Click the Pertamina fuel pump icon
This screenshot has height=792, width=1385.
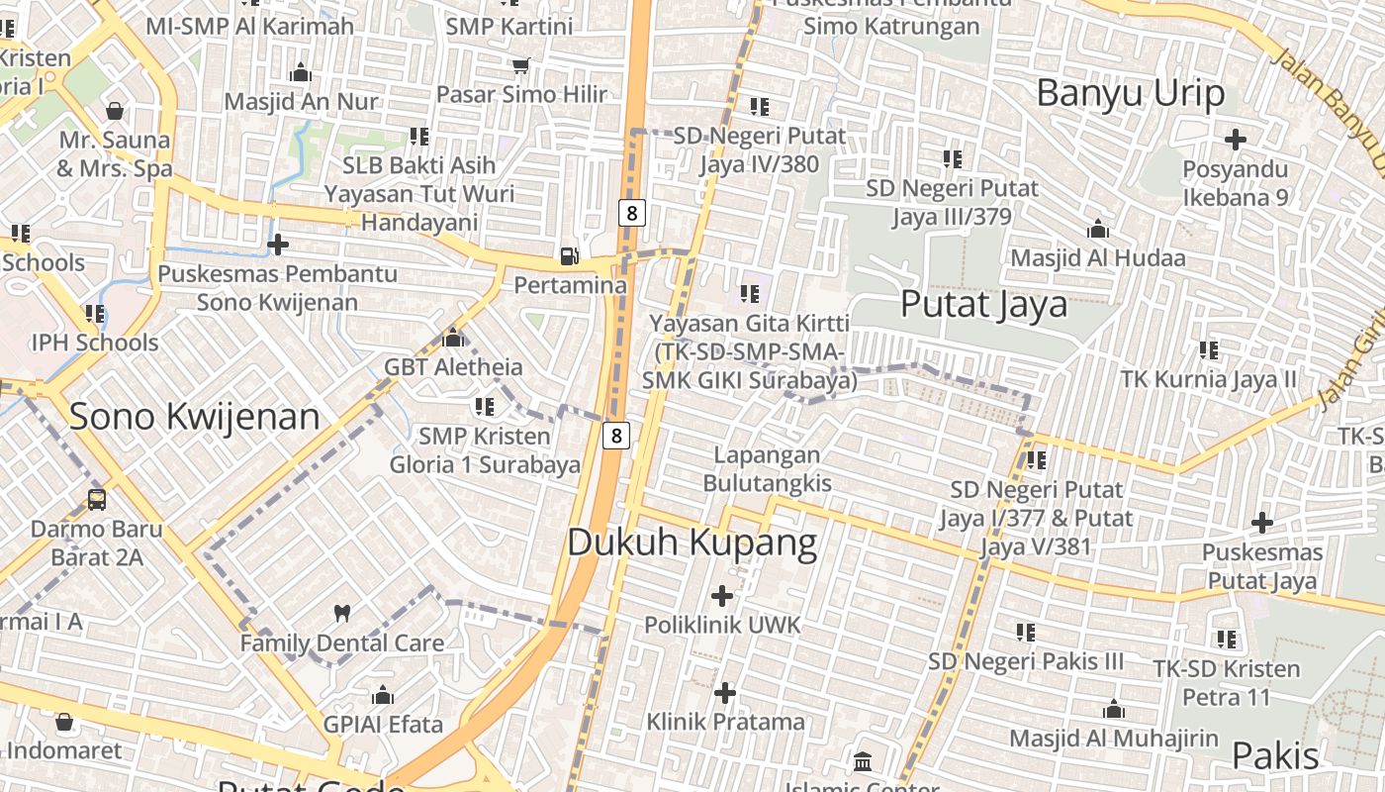pyautogui.click(x=570, y=255)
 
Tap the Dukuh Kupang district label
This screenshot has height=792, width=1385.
pyautogui.click(x=692, y=543)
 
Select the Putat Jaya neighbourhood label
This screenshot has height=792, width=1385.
pyautogui.click(x=983, y=304)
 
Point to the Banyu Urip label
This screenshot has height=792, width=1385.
pyautogui.click(x=1131, y=93)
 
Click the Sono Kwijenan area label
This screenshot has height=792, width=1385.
pyautogui.click(x=194, y=417)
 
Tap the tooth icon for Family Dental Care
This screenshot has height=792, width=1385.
pyautogui.click(x=342, y=613)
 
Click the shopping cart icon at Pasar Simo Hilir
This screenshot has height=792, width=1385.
pyautogui.click(x=520, y=65)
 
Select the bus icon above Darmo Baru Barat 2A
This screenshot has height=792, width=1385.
pyautogui.click(x=96, y=499)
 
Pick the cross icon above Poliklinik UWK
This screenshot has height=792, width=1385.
pyautogui.click(x=722, y=596)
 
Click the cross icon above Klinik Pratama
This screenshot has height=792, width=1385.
pyautogui.click(x=725, y=692)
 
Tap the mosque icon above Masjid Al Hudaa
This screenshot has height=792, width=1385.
pyautogui.click(x=1097, y=230)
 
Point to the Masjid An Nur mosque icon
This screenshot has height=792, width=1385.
pyautogui.click(x=300, y=72)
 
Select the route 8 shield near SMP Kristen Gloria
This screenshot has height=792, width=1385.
pyautogui.click(x=616, y=435)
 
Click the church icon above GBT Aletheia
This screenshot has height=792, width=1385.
pyautogui.click(x=453, y=338)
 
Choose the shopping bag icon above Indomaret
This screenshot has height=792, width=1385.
pyautogui.click(x=64, y=722)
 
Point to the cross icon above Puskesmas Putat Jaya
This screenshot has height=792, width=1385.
pyautogui.click(x=1262, y=522)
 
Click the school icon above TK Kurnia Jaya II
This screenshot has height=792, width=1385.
pyautogui.click(x=1208, y=349)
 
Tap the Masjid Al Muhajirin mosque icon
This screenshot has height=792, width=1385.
pyautogui.click(x=1114, y=709)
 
